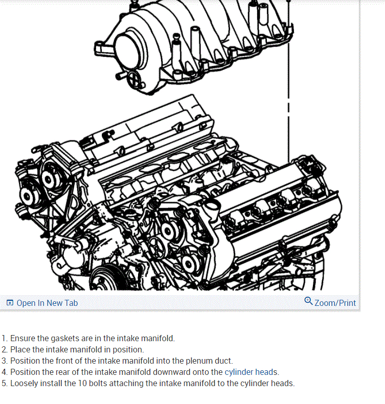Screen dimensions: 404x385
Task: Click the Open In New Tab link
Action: (x=47, y=303)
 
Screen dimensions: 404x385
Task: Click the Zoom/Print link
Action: (x=335, y=303)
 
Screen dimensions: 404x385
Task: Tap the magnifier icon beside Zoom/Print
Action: (x=308, y=301)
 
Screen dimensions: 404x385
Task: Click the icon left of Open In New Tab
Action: (x=10, y=303)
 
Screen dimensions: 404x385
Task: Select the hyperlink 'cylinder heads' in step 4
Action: (x=252, y=372)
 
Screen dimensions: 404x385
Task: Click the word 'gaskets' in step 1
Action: (x=65, y=338)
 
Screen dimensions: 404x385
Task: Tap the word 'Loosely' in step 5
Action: (x=25, y=383)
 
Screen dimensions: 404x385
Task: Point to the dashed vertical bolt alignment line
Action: (x=288, y=102)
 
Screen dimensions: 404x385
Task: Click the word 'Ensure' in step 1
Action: (x=23, y=338)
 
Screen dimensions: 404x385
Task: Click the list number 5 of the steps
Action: (x=4, y=383)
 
